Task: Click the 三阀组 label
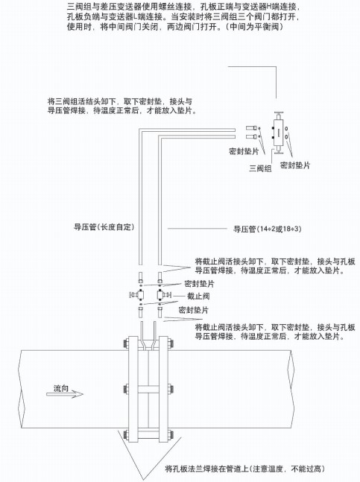click(x=260, y=168)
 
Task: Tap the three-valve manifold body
click(x=279, y=132)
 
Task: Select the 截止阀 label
click(x=198, y=297)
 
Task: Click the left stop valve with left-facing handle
click(x=138, y=295)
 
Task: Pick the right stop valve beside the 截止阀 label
click(x=163, y=295)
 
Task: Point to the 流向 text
click(x=61, y=388)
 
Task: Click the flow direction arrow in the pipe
click(x=65, y=394)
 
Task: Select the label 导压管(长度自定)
click(x=104, y=227)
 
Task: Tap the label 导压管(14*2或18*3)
click(x=267, y=229)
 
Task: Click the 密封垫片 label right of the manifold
click(x=295, y=165)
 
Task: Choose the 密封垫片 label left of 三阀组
click(x=244, y=151)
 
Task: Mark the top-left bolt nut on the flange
click(x=125, y=343)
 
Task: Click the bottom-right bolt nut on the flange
click(x=171, y=434)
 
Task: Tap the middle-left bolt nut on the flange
click(x=125, y=389)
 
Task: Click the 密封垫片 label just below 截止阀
click(x=193, y=310)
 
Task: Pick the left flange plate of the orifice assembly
click(x=133, y=389)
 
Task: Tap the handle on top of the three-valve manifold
click(x=279, y=112)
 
